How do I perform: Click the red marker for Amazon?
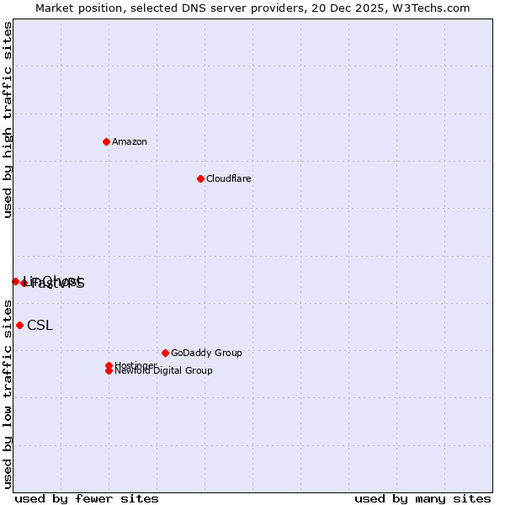106,141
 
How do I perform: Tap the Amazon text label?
130,142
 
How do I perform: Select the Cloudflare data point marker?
200,178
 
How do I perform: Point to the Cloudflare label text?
229,179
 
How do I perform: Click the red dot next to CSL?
19,325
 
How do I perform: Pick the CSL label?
40,326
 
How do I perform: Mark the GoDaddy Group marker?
165,353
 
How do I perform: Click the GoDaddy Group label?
206,353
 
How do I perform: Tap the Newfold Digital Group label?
163,371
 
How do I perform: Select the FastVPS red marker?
24,283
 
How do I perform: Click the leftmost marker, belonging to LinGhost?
15,281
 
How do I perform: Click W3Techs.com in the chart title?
429,8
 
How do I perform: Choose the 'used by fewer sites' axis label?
87,499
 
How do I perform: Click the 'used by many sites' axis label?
423,499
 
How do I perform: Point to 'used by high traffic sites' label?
8,120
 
